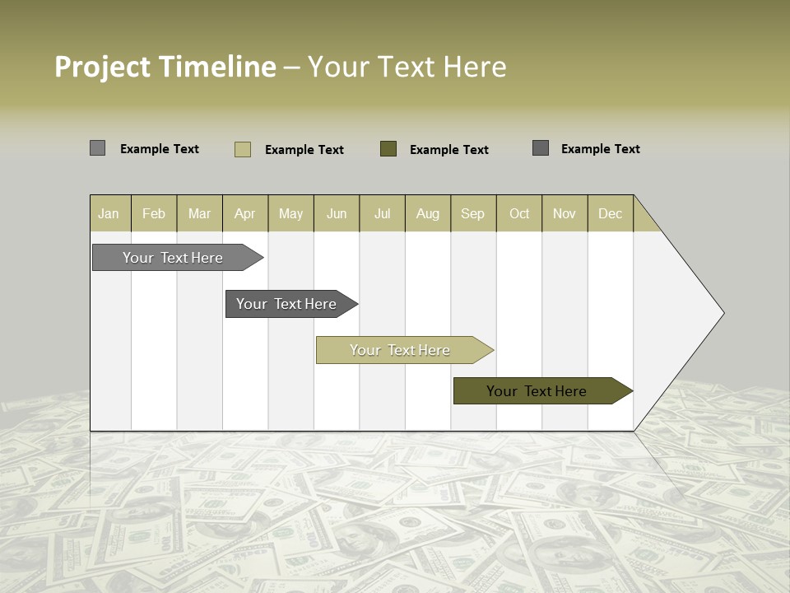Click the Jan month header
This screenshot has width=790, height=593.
coord(109,213)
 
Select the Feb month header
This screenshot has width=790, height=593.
coord(154,213)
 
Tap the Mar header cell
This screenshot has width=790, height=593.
coord(199,213)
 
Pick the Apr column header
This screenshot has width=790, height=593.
coord(245,213)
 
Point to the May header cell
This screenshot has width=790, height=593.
coord(290,213)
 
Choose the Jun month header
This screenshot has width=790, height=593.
coord(337,213)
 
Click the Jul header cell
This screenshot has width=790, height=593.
coord(382,213)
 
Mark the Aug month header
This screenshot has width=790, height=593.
coord(428,213)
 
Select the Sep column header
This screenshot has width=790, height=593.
coord(473,213)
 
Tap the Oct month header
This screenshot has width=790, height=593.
coord(519,213)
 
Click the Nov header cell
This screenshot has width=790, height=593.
coord(565,213)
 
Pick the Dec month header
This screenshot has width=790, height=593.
coord(611,213)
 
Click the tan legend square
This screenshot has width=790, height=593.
coord(243,149)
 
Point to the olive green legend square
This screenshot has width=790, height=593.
coord(388,148)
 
